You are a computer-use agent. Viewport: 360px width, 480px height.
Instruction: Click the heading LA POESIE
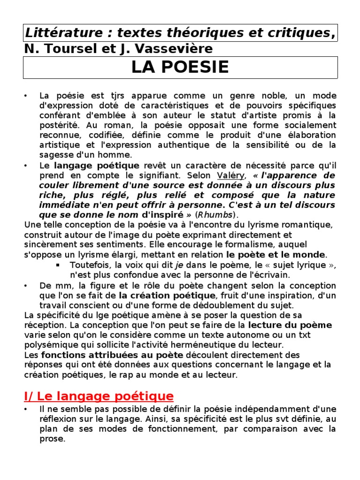[180, 67]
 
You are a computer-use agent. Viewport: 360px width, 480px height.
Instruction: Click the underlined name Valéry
[231, 175]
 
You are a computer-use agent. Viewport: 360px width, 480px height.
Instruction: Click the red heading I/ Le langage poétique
[98, 397]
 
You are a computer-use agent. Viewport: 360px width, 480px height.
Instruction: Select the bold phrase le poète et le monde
[275, 255]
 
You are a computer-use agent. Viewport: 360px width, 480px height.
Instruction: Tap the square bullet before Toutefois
[58, 265]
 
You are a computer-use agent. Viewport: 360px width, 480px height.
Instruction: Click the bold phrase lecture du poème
[290, 325]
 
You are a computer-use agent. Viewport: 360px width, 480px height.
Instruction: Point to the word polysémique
[48, 345]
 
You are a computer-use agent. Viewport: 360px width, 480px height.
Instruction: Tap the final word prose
[52, 439]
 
